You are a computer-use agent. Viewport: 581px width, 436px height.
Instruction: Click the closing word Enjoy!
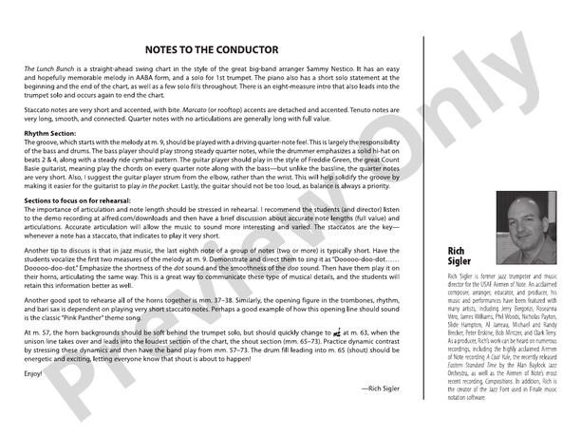tap(34, 372)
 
